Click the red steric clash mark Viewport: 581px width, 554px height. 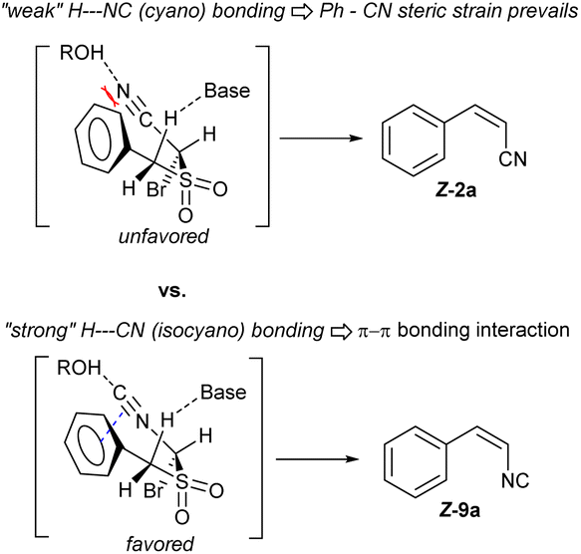tap(110, 97)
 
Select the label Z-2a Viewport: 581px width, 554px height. tap(455, 190)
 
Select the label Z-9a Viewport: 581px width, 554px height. tap(459, 510)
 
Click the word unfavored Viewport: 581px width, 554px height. tap(163, 236)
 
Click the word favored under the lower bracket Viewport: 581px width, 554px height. tap(160, 544)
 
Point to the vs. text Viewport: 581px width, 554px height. tap(172, 291)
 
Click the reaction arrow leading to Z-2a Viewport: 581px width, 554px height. tap(321, 138)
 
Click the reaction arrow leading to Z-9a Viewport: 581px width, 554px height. tap(318, 459)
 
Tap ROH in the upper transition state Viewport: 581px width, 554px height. tap(82, 53)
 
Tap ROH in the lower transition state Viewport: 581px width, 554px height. tap(79, 368)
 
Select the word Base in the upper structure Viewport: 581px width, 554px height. tap(227, 91)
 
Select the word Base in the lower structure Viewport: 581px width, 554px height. tap(223, 393)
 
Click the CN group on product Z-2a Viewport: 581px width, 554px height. tap(512, 159)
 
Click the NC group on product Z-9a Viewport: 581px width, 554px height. tap(515, 480)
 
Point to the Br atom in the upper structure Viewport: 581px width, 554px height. tap(156, 189)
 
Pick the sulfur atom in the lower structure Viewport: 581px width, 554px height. tap(181, 481)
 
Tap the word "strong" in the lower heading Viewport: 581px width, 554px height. tap(40, 330)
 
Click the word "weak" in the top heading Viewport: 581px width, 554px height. tap(32, 12)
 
